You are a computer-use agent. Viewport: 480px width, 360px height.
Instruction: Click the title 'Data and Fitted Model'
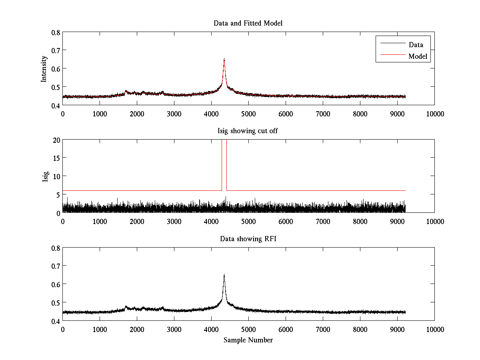click(248, 23)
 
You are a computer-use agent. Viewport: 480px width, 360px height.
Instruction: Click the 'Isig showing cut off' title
click(248, 131)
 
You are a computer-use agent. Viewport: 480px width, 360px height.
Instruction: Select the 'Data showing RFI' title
click(248, 239)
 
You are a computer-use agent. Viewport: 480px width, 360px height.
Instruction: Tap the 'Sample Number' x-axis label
click(248, 340)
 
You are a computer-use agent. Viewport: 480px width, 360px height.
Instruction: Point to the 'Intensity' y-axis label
click(44, 68)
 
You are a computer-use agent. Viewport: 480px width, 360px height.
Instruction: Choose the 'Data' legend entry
click(416, 44)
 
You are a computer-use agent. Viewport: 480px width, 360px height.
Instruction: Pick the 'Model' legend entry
click(418, 56)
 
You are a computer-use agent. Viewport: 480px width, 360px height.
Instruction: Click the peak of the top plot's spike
click(224, 59)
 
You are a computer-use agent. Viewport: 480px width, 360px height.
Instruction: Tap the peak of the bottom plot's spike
click(224, 274)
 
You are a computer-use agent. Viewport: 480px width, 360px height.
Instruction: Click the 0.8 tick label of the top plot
click(56, 32)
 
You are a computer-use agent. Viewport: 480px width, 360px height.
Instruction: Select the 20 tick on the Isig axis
click(56, 140)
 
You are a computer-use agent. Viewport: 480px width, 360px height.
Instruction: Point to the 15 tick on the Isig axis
click(56, 158)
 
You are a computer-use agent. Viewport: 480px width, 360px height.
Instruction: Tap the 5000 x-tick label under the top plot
click(248, 114)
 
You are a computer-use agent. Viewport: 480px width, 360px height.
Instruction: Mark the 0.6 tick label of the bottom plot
click(56, 284)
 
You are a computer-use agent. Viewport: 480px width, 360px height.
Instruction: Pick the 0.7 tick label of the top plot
click(56, 50)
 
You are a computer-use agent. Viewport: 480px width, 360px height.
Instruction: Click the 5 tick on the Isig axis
click(58, 194)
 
